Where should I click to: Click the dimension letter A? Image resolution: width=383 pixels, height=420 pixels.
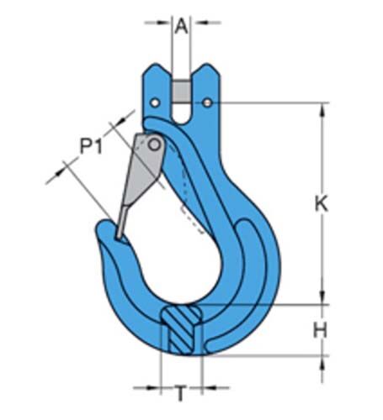click(x=181, y=26)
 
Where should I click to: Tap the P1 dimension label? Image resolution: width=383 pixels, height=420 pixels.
click(x=91, y=148)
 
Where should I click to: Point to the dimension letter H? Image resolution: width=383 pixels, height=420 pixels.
click(x=320, y=330)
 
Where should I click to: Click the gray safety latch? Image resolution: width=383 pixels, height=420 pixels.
click(x=139, y=176)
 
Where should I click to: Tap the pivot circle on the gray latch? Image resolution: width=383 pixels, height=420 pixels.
click(x=154, y=145)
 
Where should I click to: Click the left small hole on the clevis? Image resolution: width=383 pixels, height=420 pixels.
click(x=154, y=103)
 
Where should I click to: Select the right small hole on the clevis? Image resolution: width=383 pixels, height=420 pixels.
click(x=207, y=103)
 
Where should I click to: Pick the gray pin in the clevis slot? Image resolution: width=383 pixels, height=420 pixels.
click(x=181, y=89)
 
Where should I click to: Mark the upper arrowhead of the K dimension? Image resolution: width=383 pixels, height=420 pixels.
click(x=323, y=108)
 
